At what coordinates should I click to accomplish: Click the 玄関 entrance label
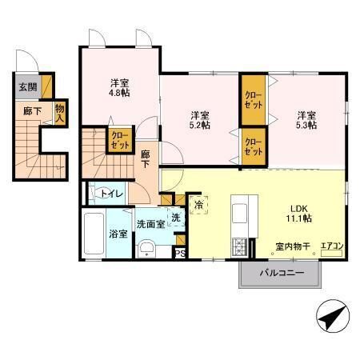(x=28, y=87)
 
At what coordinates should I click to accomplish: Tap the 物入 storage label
(x=60, y=114)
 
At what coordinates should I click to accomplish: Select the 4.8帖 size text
(x=120, y=93)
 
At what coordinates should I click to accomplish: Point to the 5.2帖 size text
(x=200, y=125)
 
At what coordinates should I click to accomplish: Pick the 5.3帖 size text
(x=306, y=125)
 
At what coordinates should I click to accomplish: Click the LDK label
(x=299, y=209)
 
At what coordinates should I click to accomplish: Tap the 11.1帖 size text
(x=299, y=218)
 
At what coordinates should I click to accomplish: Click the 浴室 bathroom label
(x=118, y=234)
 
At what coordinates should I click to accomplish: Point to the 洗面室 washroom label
(x=150, y=224)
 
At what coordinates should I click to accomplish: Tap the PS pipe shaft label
(x=180, y=254)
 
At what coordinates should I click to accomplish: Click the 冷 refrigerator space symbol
(x=198, y=205)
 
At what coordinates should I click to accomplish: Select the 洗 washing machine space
(x=176, y=218)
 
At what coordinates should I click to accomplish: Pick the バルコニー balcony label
(x=282, y=273)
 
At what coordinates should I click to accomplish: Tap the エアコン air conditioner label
(x=332, y=246)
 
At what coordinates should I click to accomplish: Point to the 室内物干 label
(x=293, y=246)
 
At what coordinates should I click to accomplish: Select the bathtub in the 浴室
(x=94, y=234)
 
